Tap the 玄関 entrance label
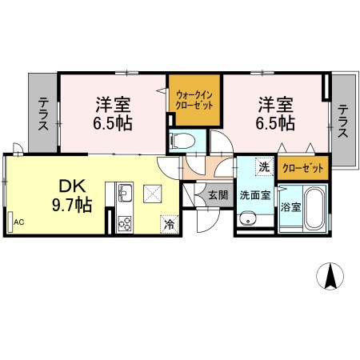pyautogui.click(x=218, y=194)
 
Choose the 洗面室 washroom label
pyautogui.click(x=254, y=193)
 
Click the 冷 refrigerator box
pyautogui.click(x=170, y=223)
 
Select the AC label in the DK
pyautogui.click(x=18, y=221)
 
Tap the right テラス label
pyautogui.click(x=342, y=121)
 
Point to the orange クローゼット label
pyautogui.click(x=303, y=168)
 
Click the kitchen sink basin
pyautogui.click(x=124, y=192)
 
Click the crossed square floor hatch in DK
pyautogui.click(x=152, y=192)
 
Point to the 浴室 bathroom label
pyautogui.click(x=292, y=207)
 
